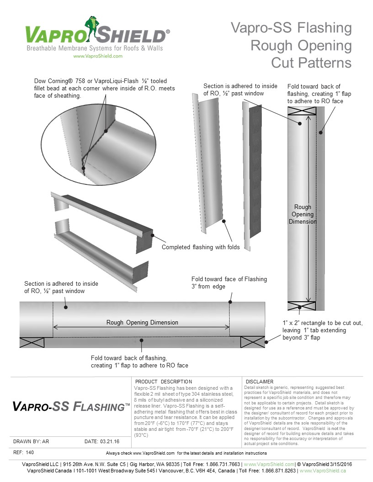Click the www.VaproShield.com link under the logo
pos(97,56)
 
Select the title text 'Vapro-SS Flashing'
pos(291,28)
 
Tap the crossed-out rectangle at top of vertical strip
pos(301,111)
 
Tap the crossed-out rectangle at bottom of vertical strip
pos(301,305)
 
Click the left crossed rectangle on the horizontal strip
pos(32,342)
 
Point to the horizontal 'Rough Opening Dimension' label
pos(142,322)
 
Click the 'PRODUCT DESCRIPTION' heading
pos(164,382)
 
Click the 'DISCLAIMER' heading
pos(259,382)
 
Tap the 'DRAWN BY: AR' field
pos(31,441)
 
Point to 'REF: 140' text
pos(24,452)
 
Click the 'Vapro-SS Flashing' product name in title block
pos(71,406)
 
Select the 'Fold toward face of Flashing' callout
pos(229,279)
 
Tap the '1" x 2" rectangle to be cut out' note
pos(323,323)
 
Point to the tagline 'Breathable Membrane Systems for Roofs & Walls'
pos(95,48)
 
